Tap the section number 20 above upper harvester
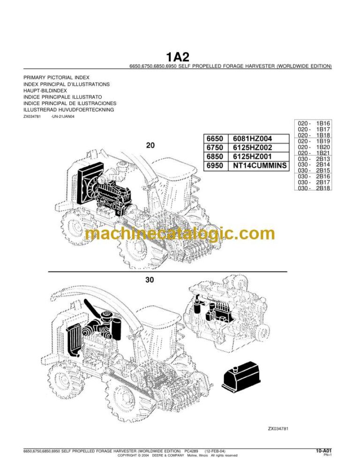tap(150, 145)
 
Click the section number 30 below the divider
tap(150, 280)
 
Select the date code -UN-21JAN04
tap(62, 117)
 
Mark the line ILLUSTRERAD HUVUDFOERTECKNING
tap(68, 110)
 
